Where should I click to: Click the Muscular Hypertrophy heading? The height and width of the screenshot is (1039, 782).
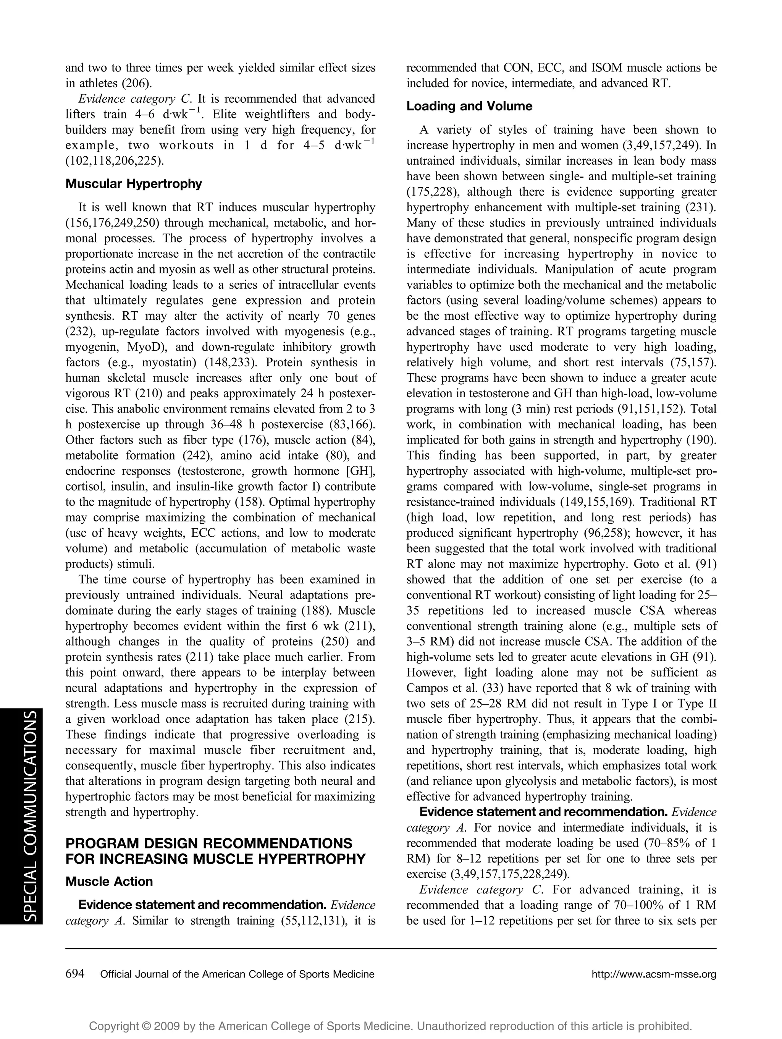coord(133,184)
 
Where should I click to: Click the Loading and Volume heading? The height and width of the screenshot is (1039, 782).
coord(469,106)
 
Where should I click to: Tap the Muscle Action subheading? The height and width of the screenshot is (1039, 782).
coord(109,881)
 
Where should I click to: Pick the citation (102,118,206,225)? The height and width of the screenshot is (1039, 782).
coord(115,161)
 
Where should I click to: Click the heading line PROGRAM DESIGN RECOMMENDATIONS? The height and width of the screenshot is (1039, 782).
coord(209,843)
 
